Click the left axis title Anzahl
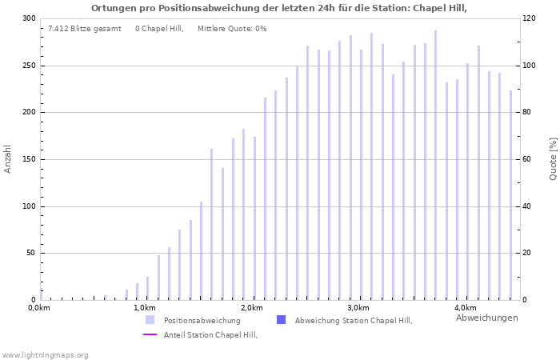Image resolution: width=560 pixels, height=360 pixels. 8,158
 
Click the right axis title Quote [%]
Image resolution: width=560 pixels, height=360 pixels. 553,158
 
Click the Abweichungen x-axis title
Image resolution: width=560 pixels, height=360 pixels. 486,318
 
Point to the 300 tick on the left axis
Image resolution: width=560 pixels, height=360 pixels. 29,18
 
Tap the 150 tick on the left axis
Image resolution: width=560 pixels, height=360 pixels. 29,159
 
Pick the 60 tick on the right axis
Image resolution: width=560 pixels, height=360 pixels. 529,159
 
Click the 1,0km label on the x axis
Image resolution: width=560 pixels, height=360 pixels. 144,308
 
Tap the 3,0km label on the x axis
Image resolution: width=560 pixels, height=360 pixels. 358,308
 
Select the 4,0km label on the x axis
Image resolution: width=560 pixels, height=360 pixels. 465,308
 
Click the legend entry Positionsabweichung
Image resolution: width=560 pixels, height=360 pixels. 202,321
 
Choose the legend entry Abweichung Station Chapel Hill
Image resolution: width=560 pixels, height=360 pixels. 353,321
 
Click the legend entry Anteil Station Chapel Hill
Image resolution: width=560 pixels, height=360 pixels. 210,335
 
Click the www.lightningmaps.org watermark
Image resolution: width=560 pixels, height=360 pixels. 46,354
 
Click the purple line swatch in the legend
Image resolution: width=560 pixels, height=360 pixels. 150,335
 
